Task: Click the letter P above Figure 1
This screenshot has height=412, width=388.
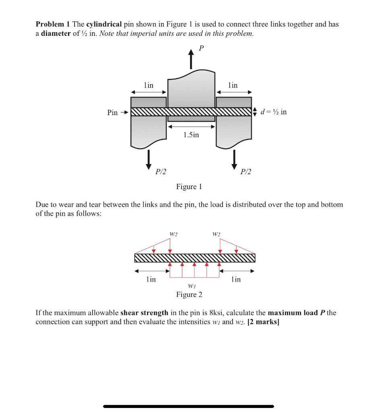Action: [x=201, y=48]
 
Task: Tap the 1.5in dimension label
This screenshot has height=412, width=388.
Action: [x=191, y=135]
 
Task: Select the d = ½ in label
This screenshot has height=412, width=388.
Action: [x=274, y=111]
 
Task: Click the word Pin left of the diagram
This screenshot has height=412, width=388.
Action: [x=113, y=112]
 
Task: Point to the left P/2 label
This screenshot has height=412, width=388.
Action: [x=161, y=172]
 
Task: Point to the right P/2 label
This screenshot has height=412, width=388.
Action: [x=246, y=172]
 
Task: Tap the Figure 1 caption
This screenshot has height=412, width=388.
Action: [x=189, y=187]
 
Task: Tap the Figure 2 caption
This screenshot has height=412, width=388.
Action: [x=189, y=295]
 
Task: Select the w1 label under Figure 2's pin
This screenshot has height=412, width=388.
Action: [x=192, y=286]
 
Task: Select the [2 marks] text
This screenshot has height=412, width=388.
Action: [x=264, y=322]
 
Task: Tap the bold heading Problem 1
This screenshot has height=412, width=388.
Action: [x=53, y=24]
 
